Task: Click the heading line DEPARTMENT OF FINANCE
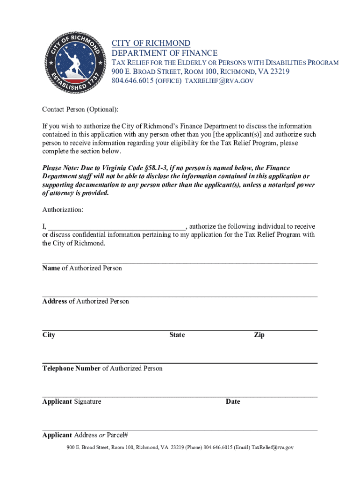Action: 164,53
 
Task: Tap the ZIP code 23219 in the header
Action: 279,72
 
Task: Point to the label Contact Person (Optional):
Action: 80,109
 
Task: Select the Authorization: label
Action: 63,210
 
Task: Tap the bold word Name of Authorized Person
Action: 51,268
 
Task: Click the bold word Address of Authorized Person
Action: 55,301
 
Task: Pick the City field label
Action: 49,335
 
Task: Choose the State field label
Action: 177,335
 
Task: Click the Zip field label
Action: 259,335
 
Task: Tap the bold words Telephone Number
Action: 71,369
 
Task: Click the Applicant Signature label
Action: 72,401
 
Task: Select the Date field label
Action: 233,401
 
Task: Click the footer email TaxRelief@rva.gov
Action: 273,448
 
